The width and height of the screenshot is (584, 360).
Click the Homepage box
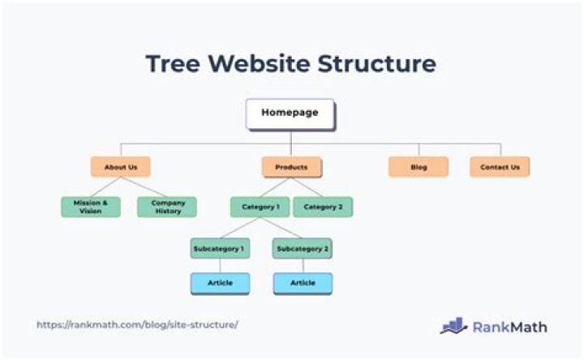(x=290, y=114)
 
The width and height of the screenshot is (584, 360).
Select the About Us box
(x=120, y=167)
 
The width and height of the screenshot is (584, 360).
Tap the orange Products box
(x=291, y=167)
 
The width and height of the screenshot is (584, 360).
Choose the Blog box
(x=419, y=167)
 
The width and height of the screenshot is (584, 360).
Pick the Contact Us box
(x=500, y=167)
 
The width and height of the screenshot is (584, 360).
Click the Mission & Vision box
(x=91, y=207)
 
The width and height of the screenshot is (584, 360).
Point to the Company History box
(x=167, y=207)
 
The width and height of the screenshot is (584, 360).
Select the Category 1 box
(x=260, y=207)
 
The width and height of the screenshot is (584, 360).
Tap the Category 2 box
(x=323, y=207)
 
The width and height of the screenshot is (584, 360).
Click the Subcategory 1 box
(x=220, y=248)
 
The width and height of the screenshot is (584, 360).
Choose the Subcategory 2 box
(x=303, y=248)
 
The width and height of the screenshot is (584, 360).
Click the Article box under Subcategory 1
(x=220, y=283)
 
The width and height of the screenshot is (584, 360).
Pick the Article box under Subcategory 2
(x=303, y=283)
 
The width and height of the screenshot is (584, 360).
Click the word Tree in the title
(x=173, y=64)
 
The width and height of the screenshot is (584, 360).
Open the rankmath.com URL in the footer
(x=137, y=325)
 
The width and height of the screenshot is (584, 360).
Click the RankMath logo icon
(x=453, y=326)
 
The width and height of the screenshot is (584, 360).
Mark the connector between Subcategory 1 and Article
(x=220, y=265)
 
